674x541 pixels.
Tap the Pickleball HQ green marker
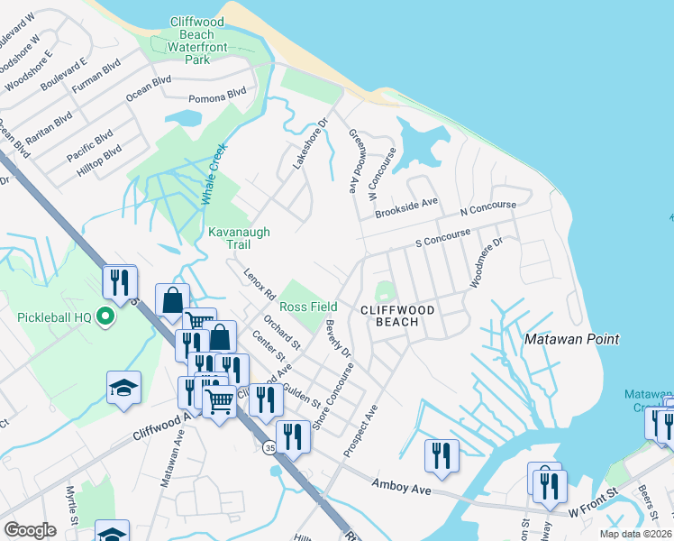coord(105,316)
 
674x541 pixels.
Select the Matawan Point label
coord(572,339)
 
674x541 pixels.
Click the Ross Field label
coord(308,307)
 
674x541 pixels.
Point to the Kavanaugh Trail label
coord(239,238)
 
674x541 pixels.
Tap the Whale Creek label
coord(213,173)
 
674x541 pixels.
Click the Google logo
coord(30,530)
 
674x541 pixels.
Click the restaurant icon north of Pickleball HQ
coord(118,282)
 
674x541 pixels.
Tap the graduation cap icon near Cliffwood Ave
coord(123,388)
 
